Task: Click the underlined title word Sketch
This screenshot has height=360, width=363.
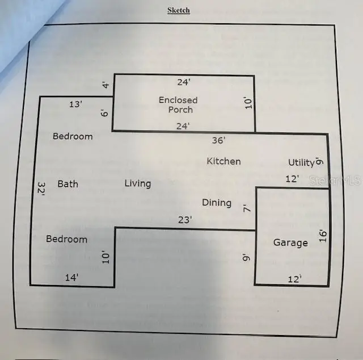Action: (179, 10)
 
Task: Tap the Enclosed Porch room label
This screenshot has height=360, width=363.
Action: (178, 105)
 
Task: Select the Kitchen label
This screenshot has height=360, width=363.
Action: (223, 161)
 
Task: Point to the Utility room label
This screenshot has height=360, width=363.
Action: (301, 162)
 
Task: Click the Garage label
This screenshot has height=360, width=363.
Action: (290, 242)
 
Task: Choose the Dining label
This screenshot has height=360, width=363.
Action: (217, 203)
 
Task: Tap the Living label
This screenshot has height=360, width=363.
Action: (138, 183)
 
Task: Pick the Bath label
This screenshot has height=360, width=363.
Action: (68, 184)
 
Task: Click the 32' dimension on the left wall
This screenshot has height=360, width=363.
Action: (41, 189)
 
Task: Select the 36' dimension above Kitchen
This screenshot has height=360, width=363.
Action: (219, 140)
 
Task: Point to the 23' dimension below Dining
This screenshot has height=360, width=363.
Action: (185, 220)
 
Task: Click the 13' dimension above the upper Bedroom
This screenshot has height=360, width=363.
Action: (75, 104)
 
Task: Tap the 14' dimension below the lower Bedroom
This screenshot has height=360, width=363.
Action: (71, 278)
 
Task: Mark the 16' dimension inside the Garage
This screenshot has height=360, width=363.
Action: (323, 236)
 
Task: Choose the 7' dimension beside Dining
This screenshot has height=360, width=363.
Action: (247, 208)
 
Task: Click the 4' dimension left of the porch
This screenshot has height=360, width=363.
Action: (105, 85)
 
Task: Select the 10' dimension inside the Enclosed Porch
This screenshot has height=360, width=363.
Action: (248, 103)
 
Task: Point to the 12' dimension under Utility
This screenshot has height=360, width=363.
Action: (292, 179)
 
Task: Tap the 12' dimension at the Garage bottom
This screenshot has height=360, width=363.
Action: (295, 279)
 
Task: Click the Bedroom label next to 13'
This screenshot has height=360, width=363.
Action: (73, 136)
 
